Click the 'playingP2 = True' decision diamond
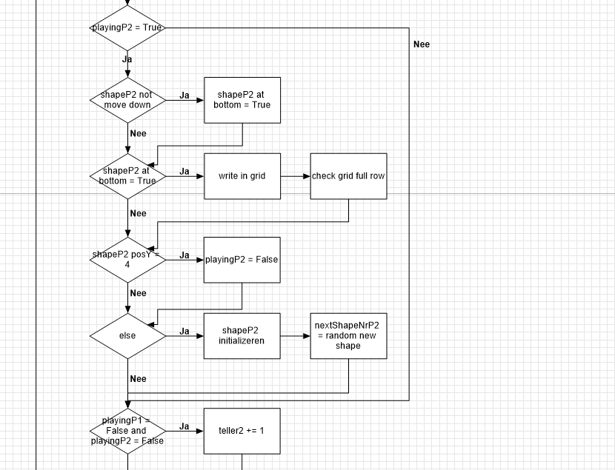point(127,28)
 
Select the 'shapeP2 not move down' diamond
point(127,100)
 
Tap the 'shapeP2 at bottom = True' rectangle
point(242,100)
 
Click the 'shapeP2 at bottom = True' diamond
point(127,176)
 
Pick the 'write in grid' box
point(242,176)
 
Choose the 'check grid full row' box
point(348,176)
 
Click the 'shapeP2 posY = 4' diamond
point(127,259)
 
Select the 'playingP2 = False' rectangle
point(242,260)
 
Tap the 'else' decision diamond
point(127,336)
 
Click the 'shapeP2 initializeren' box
point(242,336)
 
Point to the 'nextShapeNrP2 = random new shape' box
point(348,336)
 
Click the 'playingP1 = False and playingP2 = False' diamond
point(127,431)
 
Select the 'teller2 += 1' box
point(242,431)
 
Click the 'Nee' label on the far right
point(422,44)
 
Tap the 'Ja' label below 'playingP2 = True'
point(127,60)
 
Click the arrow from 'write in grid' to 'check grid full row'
point(296,176)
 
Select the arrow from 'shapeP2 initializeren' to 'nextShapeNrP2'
point(296,336)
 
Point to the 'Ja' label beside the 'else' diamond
point(184,332)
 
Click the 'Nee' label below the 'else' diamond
point(138,379)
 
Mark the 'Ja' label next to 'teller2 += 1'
point(184,427)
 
